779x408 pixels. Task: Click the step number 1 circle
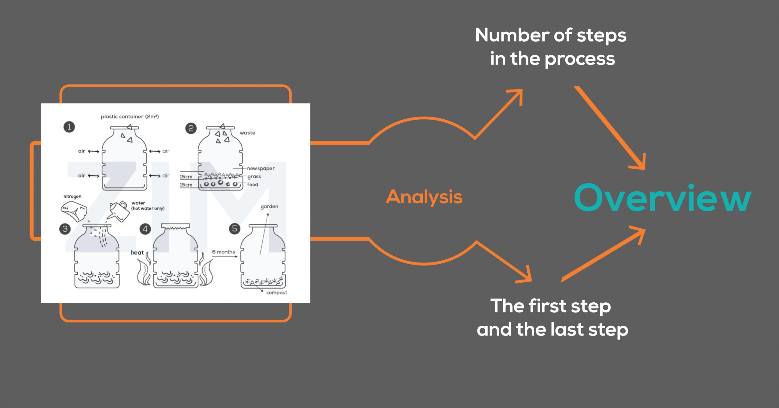coord(69,127)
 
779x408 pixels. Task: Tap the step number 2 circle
coord(191,128)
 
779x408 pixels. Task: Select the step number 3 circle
coord(65,229)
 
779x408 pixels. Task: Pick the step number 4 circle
coord(145,229)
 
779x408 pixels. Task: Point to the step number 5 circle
coord(234,229)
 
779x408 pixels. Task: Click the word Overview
coord(662,198)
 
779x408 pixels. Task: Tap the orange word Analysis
coord(424,197)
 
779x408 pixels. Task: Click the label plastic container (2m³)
coord(130,117)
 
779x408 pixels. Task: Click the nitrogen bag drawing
coord(74,211)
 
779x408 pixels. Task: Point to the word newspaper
coord(261,168)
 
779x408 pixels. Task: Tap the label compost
coord(276,293)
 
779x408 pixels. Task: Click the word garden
coord(269,206)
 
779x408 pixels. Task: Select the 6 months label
coord(223,252)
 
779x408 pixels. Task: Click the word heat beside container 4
coord(137,252)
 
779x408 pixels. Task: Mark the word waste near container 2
coord(247,133)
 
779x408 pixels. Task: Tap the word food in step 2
coord(253,185)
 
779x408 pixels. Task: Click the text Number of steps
coord(550,35)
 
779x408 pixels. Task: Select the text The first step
coord(550,306)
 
